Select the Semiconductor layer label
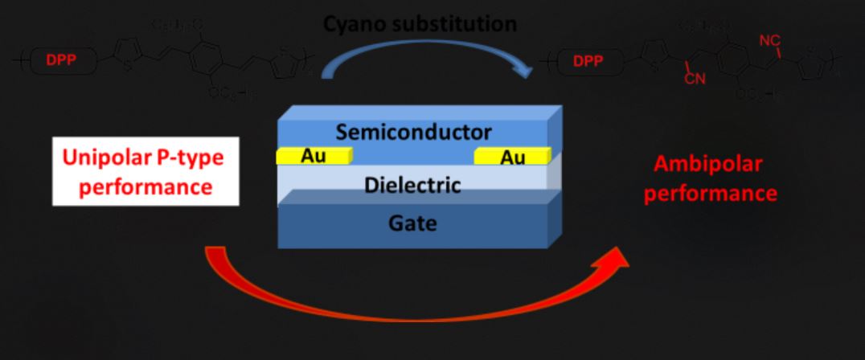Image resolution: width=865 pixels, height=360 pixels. (413, 131)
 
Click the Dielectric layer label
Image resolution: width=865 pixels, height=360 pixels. (413, 186)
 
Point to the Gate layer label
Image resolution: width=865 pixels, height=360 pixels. (414, 223)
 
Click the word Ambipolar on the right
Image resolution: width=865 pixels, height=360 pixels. (708, 164)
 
